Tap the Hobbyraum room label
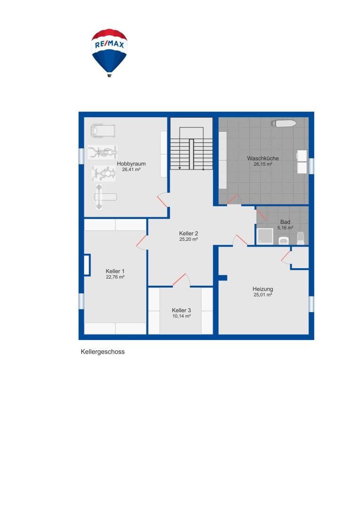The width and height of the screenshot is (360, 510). coord(131,164)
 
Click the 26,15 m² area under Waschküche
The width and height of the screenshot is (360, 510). coord(263,164)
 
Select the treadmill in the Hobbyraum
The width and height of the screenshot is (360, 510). coord(103,130)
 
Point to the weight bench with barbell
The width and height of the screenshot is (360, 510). coord(104,197)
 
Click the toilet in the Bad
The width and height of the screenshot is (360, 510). coord(301,237)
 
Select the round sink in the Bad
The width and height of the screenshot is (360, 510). coord(284,241)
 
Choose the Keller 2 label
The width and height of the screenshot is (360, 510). coord(188,233)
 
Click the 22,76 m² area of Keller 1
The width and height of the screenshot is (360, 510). coord(115,277)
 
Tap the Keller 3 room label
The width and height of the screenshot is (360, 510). coord(181,310)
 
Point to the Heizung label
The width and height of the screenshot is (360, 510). coord(263,289)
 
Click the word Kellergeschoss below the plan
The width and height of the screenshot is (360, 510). coord(102,352)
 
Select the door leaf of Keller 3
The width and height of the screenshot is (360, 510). coord(179,280)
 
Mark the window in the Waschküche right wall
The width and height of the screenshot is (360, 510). coord(311,166)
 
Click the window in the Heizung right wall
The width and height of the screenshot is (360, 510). coord(311,304)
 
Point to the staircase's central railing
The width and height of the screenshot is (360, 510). coord(192,154)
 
